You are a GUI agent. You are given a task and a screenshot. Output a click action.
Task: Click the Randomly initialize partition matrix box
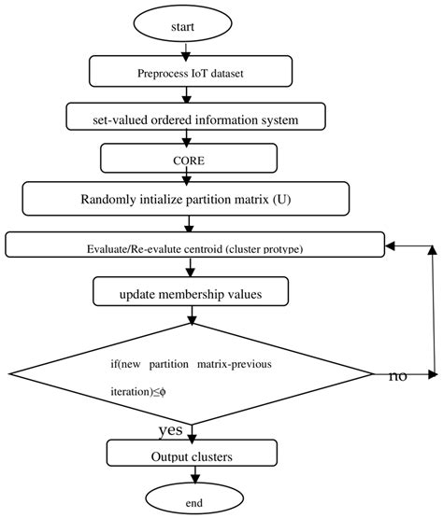(185, 198)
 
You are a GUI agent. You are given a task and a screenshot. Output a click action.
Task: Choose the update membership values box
(189, 294)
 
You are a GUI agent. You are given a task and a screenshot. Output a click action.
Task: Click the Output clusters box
(191, 455)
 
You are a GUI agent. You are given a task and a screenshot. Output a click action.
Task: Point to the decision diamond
(192, 373)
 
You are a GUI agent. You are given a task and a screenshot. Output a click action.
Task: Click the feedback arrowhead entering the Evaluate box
(392, 245)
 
